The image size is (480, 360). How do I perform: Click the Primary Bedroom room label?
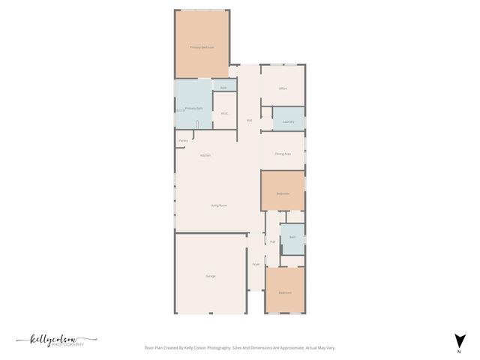pos(202,47)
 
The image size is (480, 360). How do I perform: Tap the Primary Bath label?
pos(193,109)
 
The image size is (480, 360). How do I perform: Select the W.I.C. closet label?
pos(224,113)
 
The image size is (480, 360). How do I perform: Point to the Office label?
pos(283,88)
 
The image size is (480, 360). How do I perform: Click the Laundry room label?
pos(288,121)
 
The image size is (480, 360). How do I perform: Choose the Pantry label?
pos(183,141)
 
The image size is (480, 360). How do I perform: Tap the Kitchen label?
pos(205,155)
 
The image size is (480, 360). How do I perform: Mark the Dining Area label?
pos(283,154)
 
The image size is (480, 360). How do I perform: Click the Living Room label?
pos(218,205)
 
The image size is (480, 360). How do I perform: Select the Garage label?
pos(211,276)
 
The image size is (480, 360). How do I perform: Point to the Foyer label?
pos(256,264)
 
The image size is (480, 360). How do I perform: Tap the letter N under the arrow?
pos(459,352)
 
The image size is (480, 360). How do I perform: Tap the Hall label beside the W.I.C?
pos(249,120)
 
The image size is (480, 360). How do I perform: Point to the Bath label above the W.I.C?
pos(223,88)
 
